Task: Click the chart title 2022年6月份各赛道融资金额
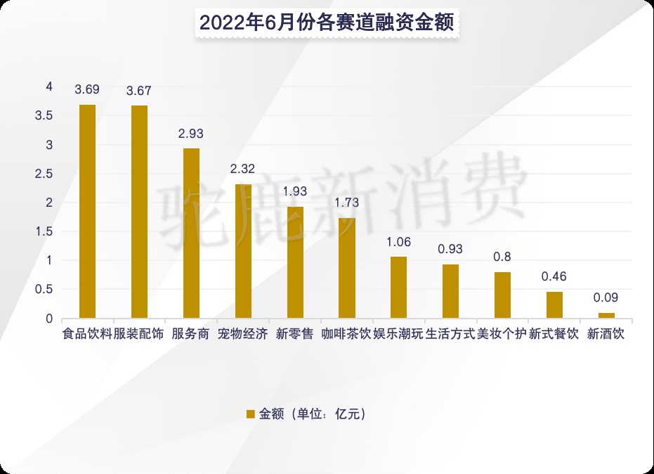click(x=327, y=22)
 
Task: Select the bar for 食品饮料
click(x=87, y=211)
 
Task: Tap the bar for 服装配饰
click(x=139, y=212)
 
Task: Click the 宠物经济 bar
click(x=243, y=251)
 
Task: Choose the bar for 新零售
click(x=295, y=262)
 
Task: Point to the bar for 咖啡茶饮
click(x=347, y=268)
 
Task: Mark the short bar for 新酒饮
click(x=606, y=316)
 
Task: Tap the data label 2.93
click(x=191, y=134)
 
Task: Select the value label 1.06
click(x=399, y=243)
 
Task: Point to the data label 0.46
click(x=554, y=276)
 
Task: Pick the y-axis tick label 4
click(x=48, y=87)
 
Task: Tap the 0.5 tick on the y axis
click(x=44, y=289)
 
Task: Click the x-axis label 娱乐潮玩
click(x=398, y=334)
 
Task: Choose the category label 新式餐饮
click(x=554, y=334)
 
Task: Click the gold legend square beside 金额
click(x=250, y=414)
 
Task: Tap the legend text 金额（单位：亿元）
click(x=313, y=414)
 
